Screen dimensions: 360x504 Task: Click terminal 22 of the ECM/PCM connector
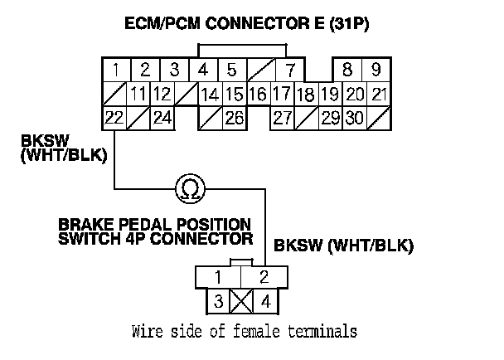tap(114, 117)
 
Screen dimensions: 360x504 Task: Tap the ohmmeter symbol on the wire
tap(190, 190)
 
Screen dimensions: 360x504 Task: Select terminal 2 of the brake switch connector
tap(264, 276)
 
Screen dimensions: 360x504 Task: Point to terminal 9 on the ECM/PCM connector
tap(376, 69)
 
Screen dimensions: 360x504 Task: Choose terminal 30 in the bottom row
tap(355, 117)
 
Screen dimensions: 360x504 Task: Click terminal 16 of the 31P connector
tap(258, 93)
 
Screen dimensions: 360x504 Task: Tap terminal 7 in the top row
tap(290, 69)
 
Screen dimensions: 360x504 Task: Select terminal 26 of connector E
tap(234, 117)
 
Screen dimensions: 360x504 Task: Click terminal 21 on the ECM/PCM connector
tap(380, 93)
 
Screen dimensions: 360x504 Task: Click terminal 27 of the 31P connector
tap(283, 117)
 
